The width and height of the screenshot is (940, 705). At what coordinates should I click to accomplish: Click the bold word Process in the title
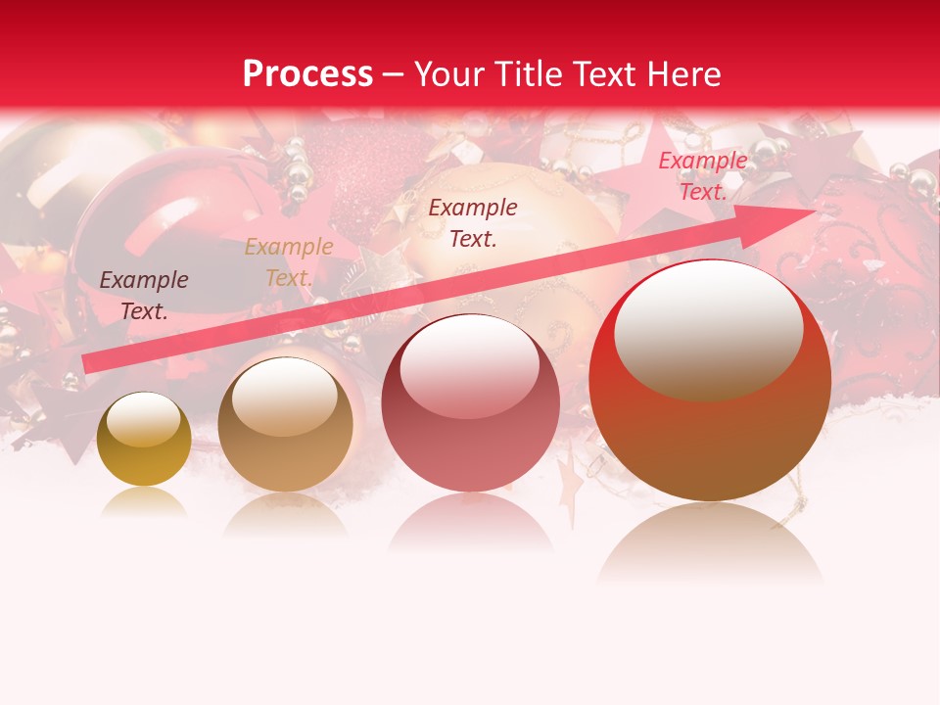pyautogui.click(x=307, y=74)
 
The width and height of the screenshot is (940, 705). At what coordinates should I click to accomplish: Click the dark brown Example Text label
pyautogui.click(x=144, y=296)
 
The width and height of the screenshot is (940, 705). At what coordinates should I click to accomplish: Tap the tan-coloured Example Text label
pyautogui.click(x=289, y=262)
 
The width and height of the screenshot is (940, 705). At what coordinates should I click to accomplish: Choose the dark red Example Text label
pyautogui.click(x=473, y=222)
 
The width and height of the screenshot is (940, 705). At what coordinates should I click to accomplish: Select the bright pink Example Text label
pyautogui.click(x=702, y=176)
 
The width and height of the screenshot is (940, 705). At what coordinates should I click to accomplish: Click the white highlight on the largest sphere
pyautogui.click(x=709, y=328)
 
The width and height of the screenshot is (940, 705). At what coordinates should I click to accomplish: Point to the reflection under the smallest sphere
pyautogui.click(x=144, y=501)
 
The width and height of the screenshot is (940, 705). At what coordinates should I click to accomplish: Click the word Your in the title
pyautogui.click(x=450, y=74)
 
